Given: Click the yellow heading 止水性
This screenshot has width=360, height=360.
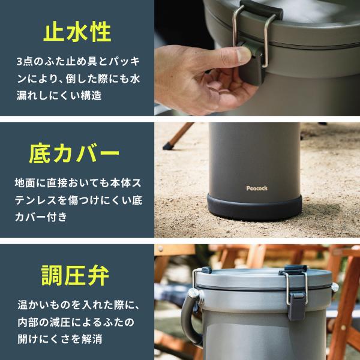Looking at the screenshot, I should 77,32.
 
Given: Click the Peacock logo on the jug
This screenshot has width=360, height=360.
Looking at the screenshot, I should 257,188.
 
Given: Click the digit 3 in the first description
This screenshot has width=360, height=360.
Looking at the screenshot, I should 20,61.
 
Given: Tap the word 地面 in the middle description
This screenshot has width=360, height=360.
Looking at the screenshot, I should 26,182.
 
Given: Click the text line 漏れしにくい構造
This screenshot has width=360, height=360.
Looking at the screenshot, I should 59,95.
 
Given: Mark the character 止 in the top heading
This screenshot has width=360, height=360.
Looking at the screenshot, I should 56,32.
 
